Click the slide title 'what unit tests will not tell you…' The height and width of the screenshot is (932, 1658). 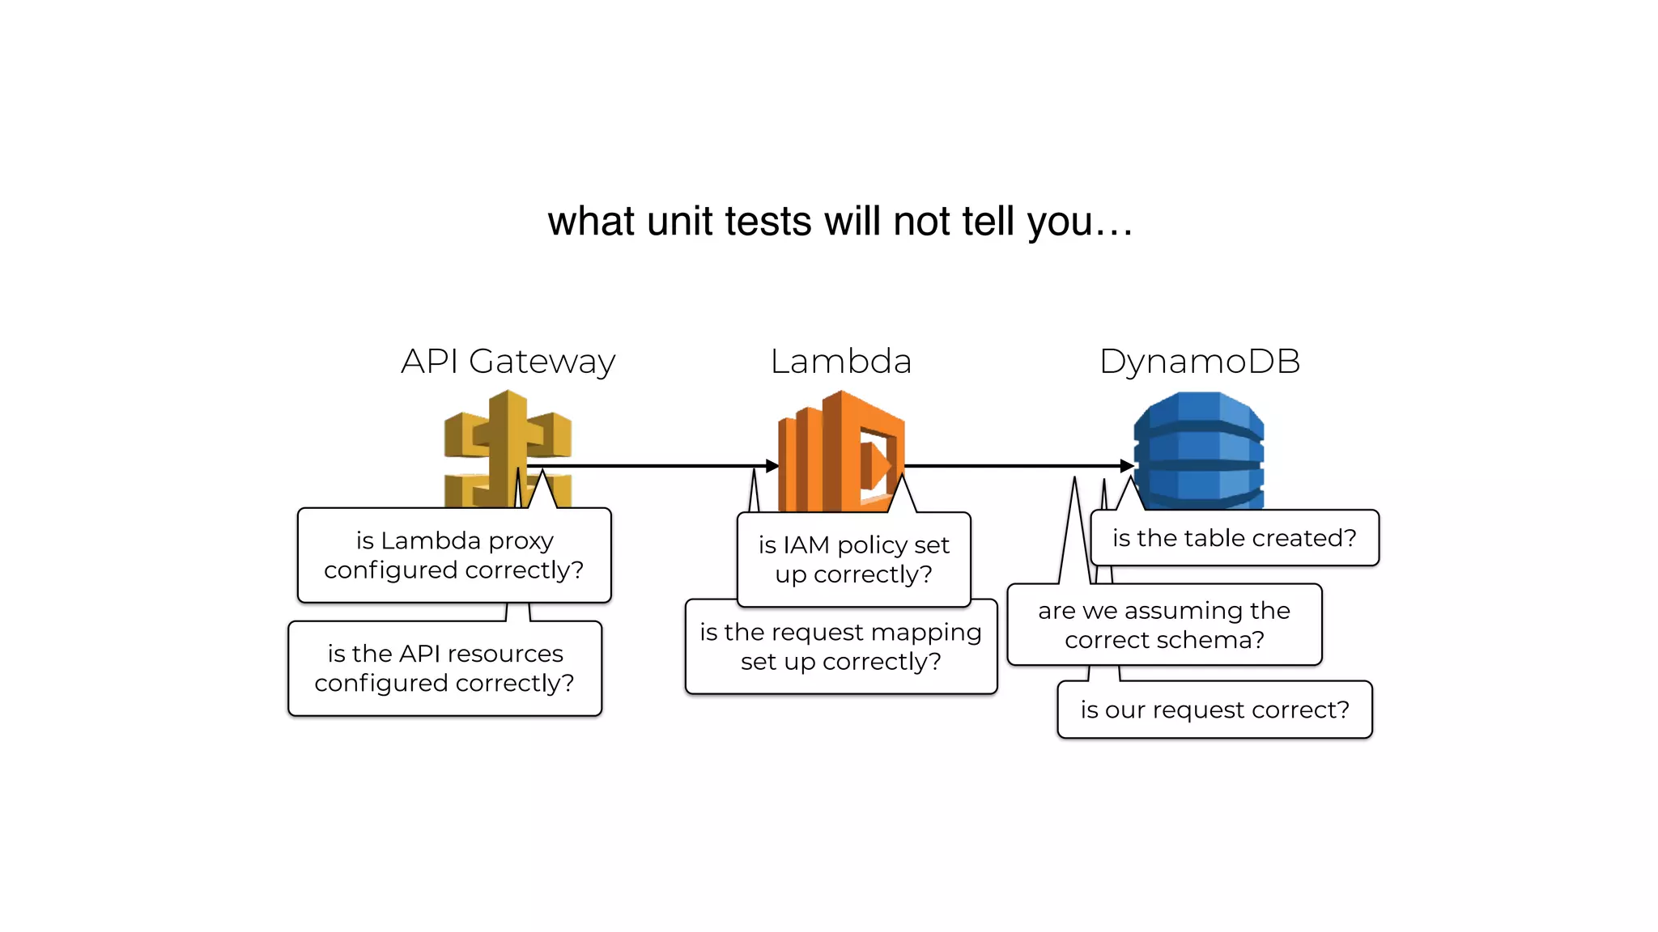[840, 222]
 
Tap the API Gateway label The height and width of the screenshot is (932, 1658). [508, 362]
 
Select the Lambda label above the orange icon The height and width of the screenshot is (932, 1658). [840, 362]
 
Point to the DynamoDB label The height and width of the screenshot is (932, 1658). [1199, 362]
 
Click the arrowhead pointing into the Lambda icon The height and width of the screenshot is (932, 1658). [772, 466]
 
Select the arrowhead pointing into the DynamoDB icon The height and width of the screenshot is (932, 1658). [1127, 466]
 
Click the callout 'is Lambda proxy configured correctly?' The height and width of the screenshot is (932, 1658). [453, 555]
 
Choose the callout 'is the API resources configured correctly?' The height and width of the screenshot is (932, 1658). [444, 668]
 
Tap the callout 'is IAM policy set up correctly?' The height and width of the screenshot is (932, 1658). [853, 559]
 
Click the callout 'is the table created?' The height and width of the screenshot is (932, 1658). [1234, 538]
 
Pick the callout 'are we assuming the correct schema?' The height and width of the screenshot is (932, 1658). [1163, 625]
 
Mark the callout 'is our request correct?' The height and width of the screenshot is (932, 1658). [1214, 710]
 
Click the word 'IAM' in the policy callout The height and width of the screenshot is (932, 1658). [806, 545]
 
